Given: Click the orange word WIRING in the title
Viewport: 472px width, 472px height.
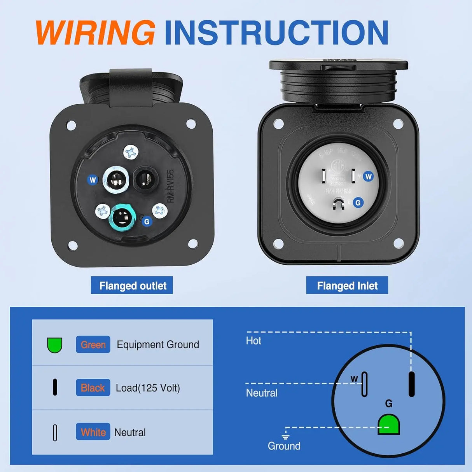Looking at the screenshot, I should [95, 32].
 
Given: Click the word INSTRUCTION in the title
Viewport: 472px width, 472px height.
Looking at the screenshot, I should [276, 32].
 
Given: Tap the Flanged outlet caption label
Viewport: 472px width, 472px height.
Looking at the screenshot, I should [132, 286].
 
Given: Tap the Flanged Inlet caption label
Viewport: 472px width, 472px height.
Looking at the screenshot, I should [347, 286].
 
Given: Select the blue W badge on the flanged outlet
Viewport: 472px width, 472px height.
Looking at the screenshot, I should [93, 180].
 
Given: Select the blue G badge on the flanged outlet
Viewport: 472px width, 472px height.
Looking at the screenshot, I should [147, 222].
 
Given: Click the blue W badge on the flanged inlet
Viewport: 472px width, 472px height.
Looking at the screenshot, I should [368, 177].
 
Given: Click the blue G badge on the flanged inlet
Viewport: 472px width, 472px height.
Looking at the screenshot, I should [358, 203].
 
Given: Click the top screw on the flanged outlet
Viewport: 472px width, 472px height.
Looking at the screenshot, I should [131, 152].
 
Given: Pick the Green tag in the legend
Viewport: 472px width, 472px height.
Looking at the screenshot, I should [93, 344].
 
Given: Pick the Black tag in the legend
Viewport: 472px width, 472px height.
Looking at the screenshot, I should [93, 388].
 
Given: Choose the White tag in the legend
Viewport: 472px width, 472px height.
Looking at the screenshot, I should [93, 432].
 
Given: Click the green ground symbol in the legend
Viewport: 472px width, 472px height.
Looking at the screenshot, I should [55, 345].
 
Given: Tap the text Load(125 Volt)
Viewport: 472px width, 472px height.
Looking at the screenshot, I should [148, 388].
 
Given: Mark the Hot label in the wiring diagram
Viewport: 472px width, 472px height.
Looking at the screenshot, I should [253, 341].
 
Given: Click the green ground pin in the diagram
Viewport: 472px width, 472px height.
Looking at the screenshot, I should [388, 425].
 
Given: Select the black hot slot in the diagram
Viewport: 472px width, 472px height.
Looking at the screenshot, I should [411, 384].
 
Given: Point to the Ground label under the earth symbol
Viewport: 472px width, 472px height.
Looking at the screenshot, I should [284, 446].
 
